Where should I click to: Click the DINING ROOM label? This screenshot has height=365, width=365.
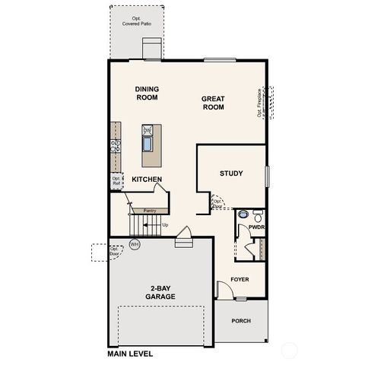tap(147, 93)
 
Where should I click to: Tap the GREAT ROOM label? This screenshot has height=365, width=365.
tap(213, 103)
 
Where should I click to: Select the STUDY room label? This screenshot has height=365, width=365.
tap(231, 173)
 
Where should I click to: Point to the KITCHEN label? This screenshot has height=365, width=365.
tap(147, 179)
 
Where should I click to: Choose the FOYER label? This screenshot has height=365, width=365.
tap(240, 279)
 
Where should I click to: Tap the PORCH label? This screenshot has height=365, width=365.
tap(241, 320)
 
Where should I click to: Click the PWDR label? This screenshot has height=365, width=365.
tap(256, 227)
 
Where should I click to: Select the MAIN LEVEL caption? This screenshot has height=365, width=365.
tap(130, 354)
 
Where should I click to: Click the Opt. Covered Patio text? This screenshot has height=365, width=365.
tap(138, 21)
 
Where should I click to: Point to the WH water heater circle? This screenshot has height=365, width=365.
tap(135, 244)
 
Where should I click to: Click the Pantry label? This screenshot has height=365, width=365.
tap(149, 210)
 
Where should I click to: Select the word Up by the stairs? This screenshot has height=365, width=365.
tap(165, 225)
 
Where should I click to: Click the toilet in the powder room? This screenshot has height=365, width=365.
tap(257, 214)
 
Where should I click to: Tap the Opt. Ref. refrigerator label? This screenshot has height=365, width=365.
tap(117, 182)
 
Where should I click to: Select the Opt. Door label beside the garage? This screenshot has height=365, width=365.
tap(114, 251)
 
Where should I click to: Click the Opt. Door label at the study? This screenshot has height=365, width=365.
tap(217, 204)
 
